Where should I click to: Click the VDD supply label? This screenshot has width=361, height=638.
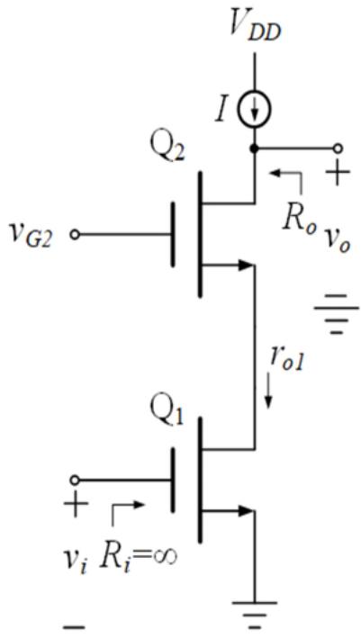click(255, 27)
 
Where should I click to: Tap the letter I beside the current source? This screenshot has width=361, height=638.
click(221, 111)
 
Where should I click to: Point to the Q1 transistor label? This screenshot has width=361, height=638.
click(167, 411)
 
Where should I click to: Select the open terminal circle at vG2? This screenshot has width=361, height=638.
click(75, 235)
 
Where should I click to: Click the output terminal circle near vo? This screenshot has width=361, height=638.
click(337, 148)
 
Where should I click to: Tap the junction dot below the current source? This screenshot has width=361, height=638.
click(255, 148)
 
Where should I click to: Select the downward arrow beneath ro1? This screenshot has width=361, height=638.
click(268, 393)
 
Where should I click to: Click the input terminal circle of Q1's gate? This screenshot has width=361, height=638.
click(75, 481)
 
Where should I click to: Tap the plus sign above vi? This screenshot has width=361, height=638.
click(77, 507)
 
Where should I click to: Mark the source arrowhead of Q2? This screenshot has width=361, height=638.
click(247, 265)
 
